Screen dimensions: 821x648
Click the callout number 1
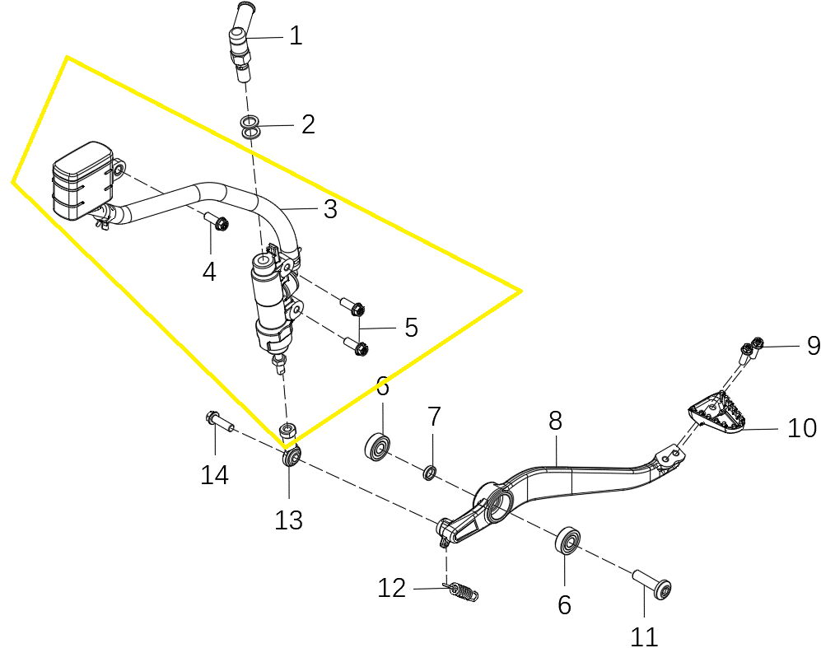click(296, 36)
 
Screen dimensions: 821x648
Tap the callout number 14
click(215, 475)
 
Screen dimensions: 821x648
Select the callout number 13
click(288, 520)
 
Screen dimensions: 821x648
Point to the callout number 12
click(392, 589)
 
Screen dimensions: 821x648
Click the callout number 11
click(643, 637)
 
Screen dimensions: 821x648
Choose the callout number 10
click(802, 428)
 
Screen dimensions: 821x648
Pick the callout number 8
click(555, 420)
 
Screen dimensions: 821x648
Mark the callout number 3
click(330, 209)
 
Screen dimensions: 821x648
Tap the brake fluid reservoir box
click(82, 179)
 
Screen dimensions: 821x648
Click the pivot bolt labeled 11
click(652, 583)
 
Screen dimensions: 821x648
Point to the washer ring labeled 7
click(430, 473)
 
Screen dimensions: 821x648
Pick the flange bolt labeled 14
click(218, 420)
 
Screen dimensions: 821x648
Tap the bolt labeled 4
click(216, 221)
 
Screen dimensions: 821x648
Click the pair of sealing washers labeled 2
click(251, 128)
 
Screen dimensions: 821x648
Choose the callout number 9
click(813, 346)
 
